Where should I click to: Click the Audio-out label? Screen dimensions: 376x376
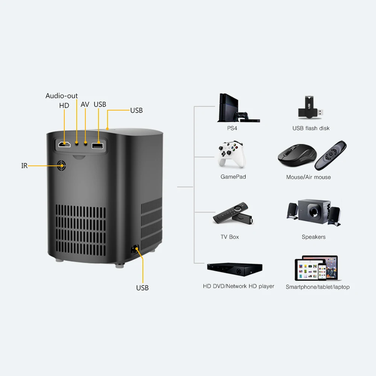(62, 96)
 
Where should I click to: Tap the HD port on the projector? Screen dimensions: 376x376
(65, 144)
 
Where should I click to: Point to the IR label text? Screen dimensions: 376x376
(24, 166)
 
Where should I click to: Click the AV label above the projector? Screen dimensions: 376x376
(85, 105)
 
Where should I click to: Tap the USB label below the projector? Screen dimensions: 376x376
(143, 288)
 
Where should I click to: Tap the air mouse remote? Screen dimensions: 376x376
(330, 155)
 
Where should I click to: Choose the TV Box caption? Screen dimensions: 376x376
(230, 237)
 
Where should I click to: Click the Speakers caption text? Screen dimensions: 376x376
(314, 237)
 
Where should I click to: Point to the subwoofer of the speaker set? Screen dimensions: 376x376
(314, 211)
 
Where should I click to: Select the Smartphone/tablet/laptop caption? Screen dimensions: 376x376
(318, 287)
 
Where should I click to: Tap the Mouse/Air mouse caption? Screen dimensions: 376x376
(309, 177)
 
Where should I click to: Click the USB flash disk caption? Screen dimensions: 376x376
(311, 128)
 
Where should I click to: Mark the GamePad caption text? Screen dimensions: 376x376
(233, 177)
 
